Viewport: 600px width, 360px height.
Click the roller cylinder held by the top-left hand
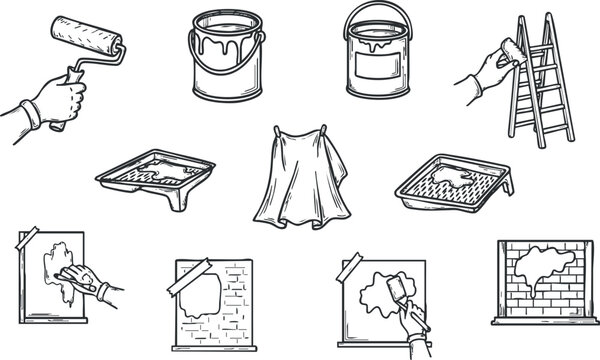click(94, 34)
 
